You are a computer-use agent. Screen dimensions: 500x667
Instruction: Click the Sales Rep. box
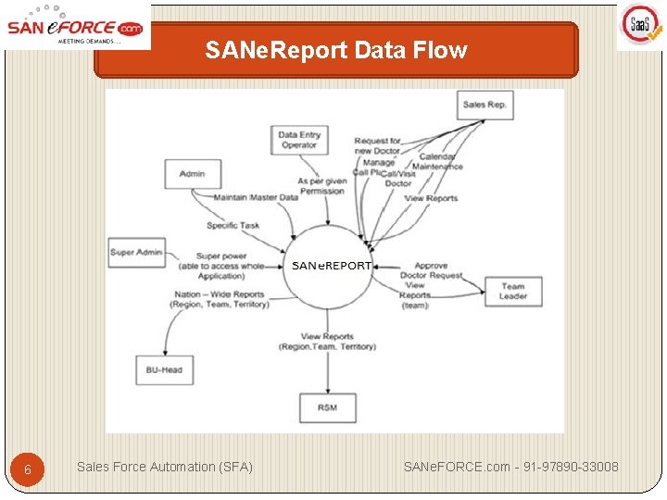(x=485, y=105)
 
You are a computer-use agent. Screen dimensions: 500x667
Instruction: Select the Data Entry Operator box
(x=298, y=140)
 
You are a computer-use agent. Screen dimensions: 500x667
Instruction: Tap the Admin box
(x=193, y=174)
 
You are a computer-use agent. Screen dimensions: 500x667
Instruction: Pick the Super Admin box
(x=136, y=252)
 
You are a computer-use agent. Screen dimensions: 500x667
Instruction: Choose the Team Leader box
(x=512, y=292)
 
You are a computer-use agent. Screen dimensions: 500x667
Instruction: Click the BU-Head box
(x=163, y=370)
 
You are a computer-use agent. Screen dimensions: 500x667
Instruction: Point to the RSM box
(x=327, y=407)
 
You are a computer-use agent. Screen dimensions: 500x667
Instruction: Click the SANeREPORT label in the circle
(x=332, y=265)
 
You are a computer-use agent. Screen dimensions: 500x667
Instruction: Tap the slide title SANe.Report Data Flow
(x=336, y=50)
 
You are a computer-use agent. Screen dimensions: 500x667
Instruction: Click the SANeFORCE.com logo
(x=75, y=26)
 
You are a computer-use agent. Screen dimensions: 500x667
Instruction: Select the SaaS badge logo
(x=640, y=27)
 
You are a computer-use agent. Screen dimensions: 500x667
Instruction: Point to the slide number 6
(x=28, y=469)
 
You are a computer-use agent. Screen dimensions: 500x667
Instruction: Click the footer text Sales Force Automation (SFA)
(x=164, y=467)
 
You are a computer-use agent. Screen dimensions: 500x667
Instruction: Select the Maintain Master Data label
(x=256, y=197)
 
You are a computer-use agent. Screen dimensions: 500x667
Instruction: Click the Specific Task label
(x=233, y=225)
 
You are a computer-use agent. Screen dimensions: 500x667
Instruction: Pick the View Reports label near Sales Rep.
(x=431, y=198)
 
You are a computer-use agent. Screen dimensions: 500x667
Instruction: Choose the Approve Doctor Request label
(x=431, y=271)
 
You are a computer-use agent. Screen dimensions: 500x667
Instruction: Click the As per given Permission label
(x=321, y=186)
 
